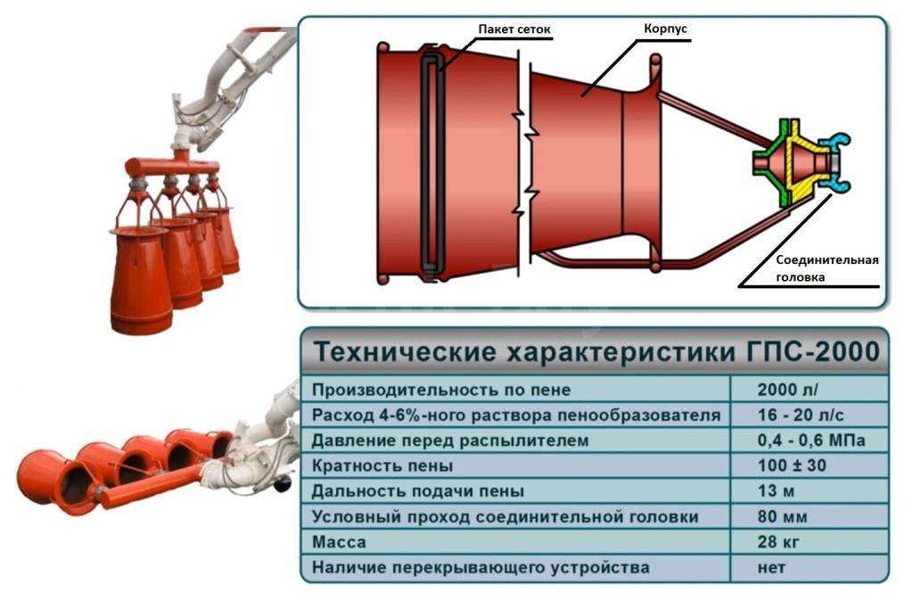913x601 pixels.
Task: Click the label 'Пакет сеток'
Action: click(514, 29)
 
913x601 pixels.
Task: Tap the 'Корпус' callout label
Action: click(665, 29)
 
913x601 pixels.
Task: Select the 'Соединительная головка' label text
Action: click(827, 268)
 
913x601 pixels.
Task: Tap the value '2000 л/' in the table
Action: click(787, 390)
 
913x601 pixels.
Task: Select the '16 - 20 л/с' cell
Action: click(801, 416)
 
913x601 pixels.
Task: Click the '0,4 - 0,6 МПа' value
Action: click(811, 440)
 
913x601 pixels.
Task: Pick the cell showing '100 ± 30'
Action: click(792, 465)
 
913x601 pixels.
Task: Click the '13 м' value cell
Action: click(776, 491)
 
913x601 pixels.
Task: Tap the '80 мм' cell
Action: click(782, 516)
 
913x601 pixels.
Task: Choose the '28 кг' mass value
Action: click(777, 541)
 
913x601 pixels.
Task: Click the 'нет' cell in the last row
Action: click(771, 567)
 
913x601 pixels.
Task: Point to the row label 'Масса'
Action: click(339, 542)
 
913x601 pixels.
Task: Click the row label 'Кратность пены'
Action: click(382, 465)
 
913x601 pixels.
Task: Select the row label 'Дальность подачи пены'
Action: click(417, 491)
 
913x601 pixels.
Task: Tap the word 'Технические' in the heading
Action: click(406, 352)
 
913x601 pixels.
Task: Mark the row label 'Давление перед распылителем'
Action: click(449, 440)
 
